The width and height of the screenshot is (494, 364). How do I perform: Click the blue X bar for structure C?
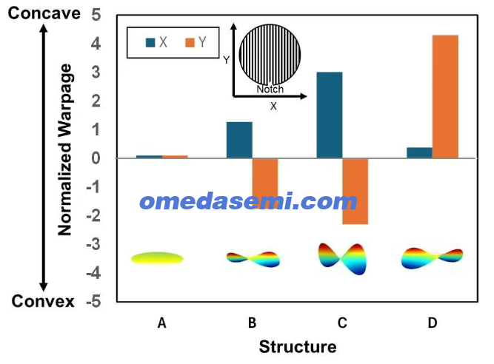point(330,115)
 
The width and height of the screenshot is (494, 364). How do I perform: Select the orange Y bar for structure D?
point(445,97)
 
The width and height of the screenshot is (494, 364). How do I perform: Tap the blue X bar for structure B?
point(239,140)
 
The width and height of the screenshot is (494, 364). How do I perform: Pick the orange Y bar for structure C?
point(355,192)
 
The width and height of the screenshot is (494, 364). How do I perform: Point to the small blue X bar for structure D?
point(419,152)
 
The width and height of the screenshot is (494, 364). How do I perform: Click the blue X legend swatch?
point(150,42)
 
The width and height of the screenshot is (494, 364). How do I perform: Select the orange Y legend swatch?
point(190,42)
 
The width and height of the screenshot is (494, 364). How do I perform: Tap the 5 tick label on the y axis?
point(96,15)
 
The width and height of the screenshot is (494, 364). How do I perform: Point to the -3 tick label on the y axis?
point(93,244)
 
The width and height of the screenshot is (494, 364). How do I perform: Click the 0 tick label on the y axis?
point(96,158)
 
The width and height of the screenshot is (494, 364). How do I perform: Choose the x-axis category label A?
point(161,323)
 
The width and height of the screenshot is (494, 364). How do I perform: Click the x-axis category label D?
point(433,323)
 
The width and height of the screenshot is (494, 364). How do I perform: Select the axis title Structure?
point(298,347)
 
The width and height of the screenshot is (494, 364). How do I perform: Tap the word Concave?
point(44,13)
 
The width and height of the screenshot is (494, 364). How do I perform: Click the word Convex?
point(43,301)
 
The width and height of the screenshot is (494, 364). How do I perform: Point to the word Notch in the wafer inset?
point(270,89)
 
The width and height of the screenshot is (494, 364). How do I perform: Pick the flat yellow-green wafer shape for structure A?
point(157,258)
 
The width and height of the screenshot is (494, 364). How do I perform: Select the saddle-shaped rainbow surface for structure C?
point(343,259)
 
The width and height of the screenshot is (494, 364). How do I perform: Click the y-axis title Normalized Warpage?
point(65,149)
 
